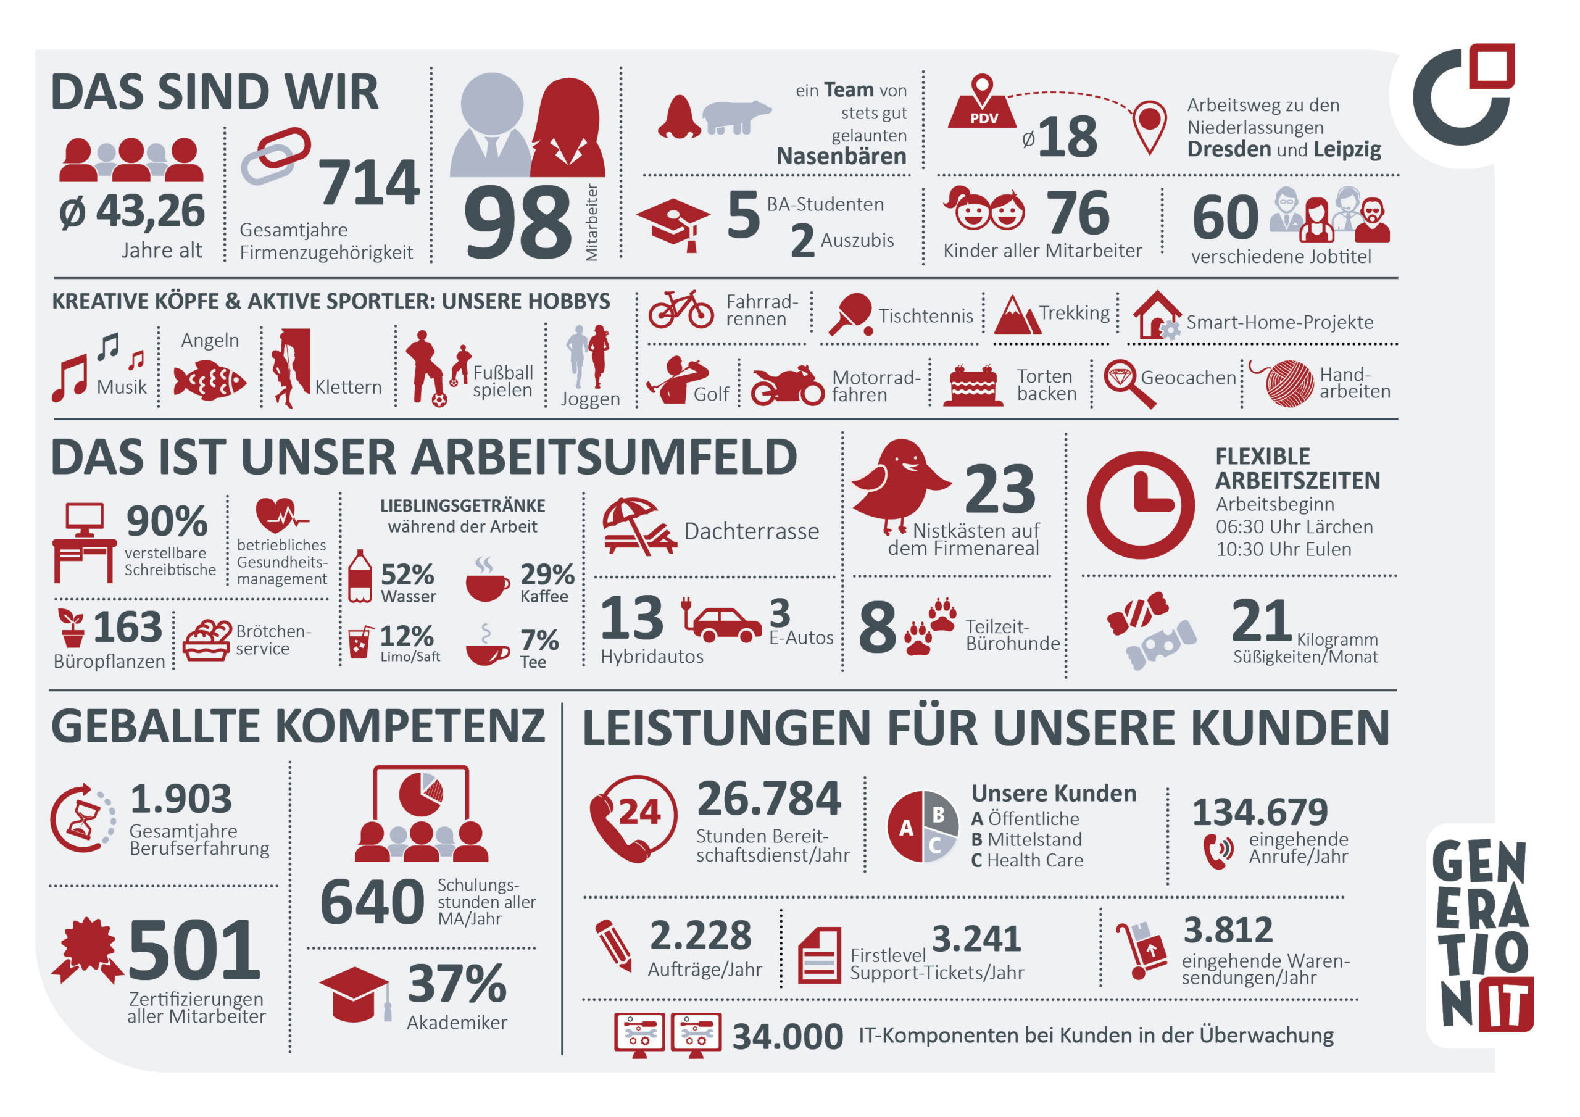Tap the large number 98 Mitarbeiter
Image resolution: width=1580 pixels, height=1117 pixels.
(517, 222)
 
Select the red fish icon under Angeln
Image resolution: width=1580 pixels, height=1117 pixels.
(209, 381)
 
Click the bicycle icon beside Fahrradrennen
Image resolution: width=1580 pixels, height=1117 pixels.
(681, 309)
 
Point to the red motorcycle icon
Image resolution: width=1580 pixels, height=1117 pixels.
(786, 387)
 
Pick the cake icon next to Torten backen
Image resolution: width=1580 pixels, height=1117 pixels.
(972, 387)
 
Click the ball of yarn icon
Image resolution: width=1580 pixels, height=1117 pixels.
(1289, 383)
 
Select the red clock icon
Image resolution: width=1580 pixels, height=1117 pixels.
(1141, 505)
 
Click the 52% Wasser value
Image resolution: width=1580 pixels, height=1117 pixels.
(407, 575)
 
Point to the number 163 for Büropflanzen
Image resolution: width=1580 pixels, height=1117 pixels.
(127, 627)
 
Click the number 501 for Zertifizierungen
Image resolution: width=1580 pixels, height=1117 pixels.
(194, 950)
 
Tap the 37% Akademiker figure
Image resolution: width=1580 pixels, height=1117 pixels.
(457, 984)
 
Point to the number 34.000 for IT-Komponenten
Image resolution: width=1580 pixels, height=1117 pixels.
(788, 1037)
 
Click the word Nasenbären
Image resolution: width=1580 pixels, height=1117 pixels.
(841, 157)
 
